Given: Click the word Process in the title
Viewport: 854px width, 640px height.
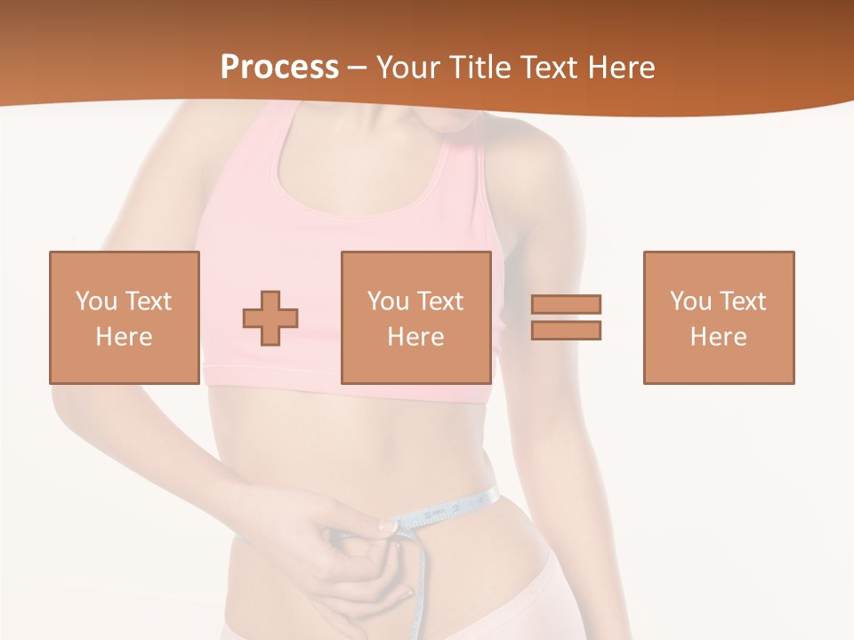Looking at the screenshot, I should point(279,67).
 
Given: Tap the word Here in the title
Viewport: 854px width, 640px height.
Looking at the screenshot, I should point(616,67).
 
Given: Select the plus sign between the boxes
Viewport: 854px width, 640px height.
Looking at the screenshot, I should point(270,317).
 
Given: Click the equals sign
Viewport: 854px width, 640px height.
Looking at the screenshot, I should point(567,317).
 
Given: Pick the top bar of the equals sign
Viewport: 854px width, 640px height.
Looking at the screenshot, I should point(567,304).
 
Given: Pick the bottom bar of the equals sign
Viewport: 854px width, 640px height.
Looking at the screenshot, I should point(567,330).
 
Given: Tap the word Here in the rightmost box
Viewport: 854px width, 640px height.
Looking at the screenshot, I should point(718,337).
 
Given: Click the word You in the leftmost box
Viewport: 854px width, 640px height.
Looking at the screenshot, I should point(97,301).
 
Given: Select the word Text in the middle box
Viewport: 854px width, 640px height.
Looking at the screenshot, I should point(439,301).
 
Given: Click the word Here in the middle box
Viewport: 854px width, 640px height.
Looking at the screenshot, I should point(415,337).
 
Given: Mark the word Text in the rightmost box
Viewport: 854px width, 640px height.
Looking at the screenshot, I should point(741,301).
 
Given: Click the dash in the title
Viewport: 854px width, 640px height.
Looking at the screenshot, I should point(358,68).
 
